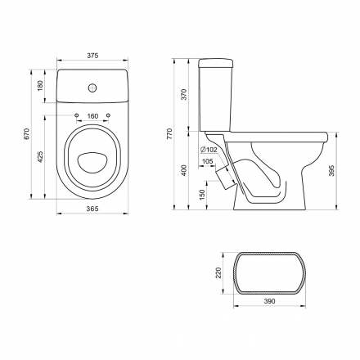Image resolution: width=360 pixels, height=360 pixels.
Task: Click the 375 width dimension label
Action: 92,56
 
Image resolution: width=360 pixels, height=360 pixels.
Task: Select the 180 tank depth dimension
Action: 40,86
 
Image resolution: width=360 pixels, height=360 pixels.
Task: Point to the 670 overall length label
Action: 26,134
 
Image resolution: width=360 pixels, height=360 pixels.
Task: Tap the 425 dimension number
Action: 40,157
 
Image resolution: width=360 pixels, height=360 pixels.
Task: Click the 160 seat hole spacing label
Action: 92,116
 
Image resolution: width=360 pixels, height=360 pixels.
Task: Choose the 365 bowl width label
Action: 92,209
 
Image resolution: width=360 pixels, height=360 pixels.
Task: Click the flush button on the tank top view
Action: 92,88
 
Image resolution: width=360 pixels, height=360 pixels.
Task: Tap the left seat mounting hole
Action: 77,115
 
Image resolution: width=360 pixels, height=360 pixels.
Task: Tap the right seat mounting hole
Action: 109,115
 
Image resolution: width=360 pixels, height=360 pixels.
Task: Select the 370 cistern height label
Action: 185,94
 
